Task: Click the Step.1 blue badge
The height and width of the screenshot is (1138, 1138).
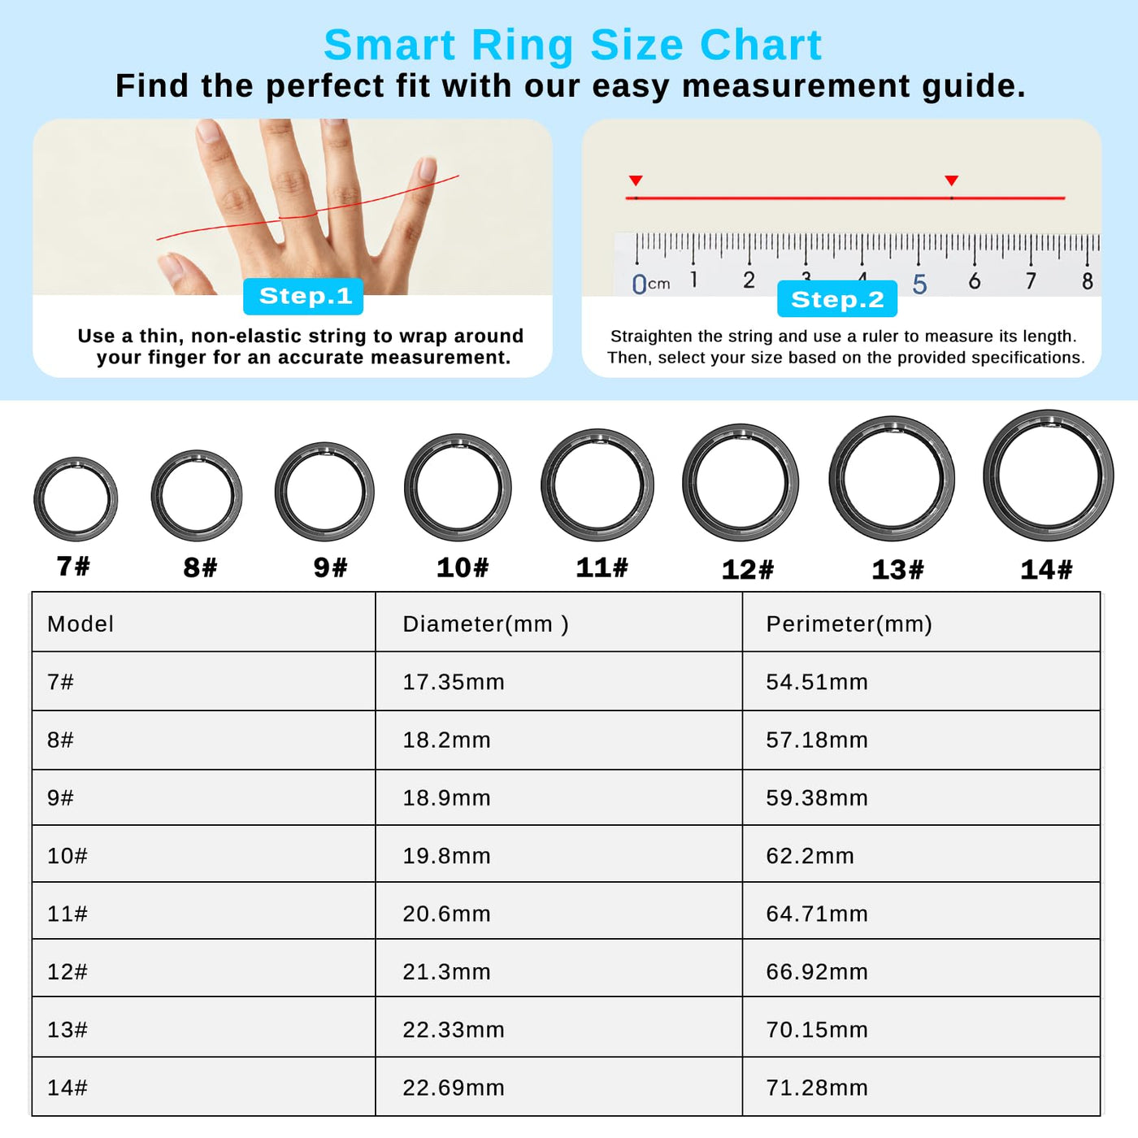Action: (303, 296)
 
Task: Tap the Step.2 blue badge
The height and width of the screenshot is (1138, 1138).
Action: (836, 299)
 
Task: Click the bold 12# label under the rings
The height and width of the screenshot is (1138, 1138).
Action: (747, 569)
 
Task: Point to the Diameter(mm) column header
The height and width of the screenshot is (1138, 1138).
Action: (485, 623)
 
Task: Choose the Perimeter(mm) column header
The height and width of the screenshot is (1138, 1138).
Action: (849, 623)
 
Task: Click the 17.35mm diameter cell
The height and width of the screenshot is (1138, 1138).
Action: (454, 682)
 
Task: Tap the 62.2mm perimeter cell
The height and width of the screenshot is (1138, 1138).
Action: (810, 856)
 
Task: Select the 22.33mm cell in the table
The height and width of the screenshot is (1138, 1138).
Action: (454, 1029)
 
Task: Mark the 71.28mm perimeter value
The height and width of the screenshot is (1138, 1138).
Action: (817, 1088)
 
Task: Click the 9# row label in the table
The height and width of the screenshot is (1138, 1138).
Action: (60, 798)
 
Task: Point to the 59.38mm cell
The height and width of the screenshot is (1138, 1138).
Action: (817, 798)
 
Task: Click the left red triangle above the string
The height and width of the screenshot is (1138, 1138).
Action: (636, 180)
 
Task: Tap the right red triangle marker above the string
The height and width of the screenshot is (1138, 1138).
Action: (951, 180)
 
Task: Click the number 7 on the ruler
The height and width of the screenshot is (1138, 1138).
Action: (1031, 280)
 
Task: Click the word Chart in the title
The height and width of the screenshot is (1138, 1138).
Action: (761, 45)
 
